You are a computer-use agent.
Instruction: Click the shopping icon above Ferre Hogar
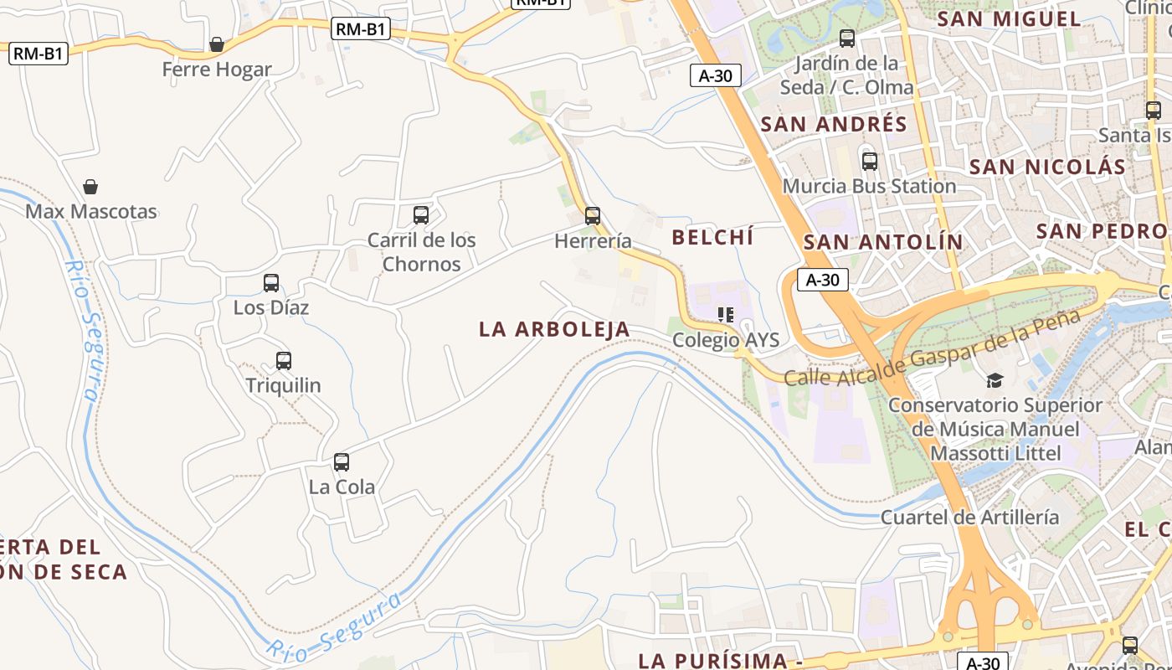click(x=217, y=44)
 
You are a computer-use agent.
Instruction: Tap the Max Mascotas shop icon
click(x=90, y=187)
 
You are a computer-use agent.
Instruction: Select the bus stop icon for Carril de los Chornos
click(x=421, y=215)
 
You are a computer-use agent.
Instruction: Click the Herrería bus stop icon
click(x=593, y=216)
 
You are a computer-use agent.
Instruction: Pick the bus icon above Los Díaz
click(x=271, y=283)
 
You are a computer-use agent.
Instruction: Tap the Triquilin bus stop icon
click(x=284, y=361)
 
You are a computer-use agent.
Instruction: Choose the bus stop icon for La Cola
click(x=342, y=461)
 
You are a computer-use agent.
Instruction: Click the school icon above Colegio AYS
click(x=726, y=315)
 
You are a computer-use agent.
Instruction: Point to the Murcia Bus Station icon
click(x=870, y=162)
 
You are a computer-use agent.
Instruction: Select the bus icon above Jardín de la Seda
click(x=847, y=39)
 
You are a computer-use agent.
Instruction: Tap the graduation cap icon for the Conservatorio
click(x=995, y=380)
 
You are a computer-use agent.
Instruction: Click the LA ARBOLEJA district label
click(x=554, y=329)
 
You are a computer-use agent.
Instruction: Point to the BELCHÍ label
click(x=712, y=237)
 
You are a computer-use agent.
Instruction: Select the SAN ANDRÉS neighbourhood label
click(x=834, y=124)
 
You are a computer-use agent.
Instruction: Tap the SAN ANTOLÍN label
click(x=883, y=242)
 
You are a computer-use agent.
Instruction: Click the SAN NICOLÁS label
click(x=1047, y=167)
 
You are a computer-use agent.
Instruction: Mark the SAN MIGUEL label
click(x=1009, y=18)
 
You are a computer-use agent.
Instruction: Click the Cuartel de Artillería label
click(x=969, y=517)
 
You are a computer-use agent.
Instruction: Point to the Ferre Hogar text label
click(x=217, y=70)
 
